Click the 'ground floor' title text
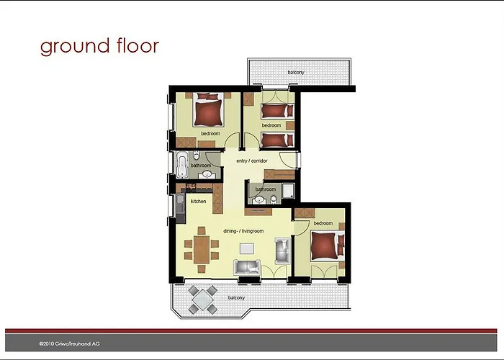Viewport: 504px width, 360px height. [x=99, y=46]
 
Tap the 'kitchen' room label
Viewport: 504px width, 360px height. [x=198, y=202]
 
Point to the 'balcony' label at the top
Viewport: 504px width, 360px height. [x=296, y=73]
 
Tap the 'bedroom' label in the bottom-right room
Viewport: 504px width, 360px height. [x=323, y=223]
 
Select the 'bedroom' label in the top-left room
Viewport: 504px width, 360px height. [x=210, y=134]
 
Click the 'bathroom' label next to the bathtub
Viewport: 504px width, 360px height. [x=201, y=166]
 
